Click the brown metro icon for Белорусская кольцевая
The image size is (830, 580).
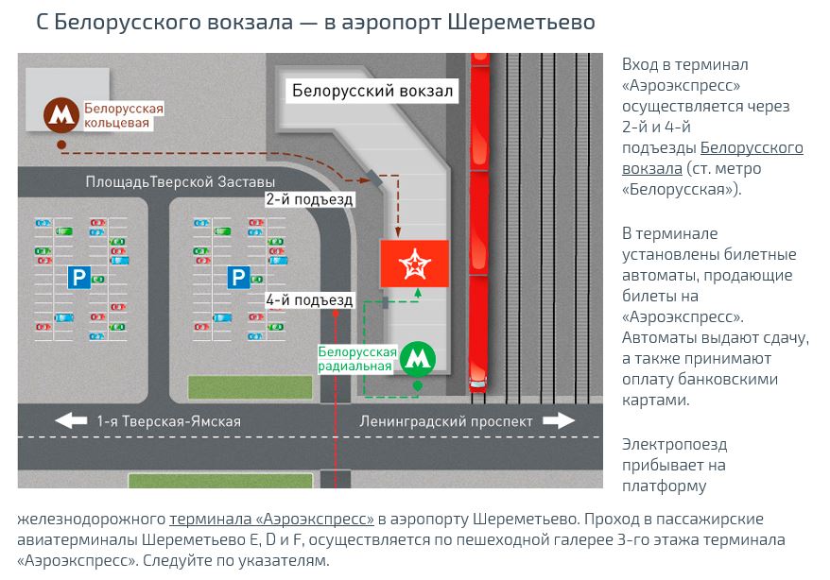tap(62, 115)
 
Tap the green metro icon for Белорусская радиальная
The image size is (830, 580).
tap(418, 358)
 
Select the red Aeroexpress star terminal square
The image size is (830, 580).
tap(413, 264)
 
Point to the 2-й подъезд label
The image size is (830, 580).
tap(309, 199)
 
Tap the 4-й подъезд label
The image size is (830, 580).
tap(309, 300)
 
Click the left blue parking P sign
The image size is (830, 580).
tap(78, 277)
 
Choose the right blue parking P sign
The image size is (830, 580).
tap(237, 277)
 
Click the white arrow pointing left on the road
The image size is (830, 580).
tap(72, 421)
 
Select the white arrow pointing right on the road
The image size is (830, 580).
tap(559, 421)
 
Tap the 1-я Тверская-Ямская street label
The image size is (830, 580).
tap(169, 421)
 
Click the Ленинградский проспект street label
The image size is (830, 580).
tap(446, 421)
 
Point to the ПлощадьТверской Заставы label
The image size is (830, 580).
tap(180, 181)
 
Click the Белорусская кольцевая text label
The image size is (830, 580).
tap(123, 115)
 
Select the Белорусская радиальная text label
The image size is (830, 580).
tap(356, 359)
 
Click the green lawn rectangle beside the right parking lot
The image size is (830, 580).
tap(250, 387)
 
